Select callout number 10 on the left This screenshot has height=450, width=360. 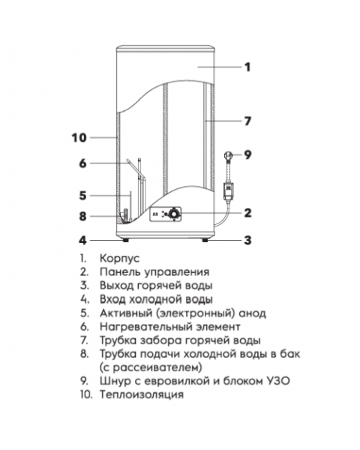tap(79, 137)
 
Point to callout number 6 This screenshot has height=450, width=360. tap(83, 163)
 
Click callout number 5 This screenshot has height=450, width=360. tap(83, 195)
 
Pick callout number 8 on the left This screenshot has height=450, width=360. tap(83, 217)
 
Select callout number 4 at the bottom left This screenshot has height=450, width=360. tap(83, 241)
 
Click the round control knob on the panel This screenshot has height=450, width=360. tap(173, 214)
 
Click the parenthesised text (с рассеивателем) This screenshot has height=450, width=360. tap(150, 367)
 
